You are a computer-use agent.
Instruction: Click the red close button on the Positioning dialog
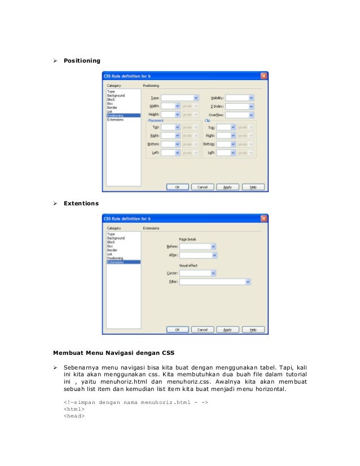(x=264, y=76)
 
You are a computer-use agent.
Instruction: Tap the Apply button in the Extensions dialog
(x=227, y=329)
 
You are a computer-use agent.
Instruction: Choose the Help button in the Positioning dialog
(x=253, y=186)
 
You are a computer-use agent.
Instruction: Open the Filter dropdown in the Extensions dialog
(x=215, y=282)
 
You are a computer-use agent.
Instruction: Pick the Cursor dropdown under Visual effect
(x=197, y=273)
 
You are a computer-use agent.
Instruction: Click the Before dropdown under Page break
(x=197, y=247)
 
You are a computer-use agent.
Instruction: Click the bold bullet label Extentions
(x=81, y=203)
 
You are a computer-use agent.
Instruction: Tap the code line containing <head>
(x=74, y=417)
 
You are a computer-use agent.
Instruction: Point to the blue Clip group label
(x=207, y=121)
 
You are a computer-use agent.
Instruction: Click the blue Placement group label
(x=156, y=121)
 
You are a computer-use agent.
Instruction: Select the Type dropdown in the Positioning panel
(x=180, y=97)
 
